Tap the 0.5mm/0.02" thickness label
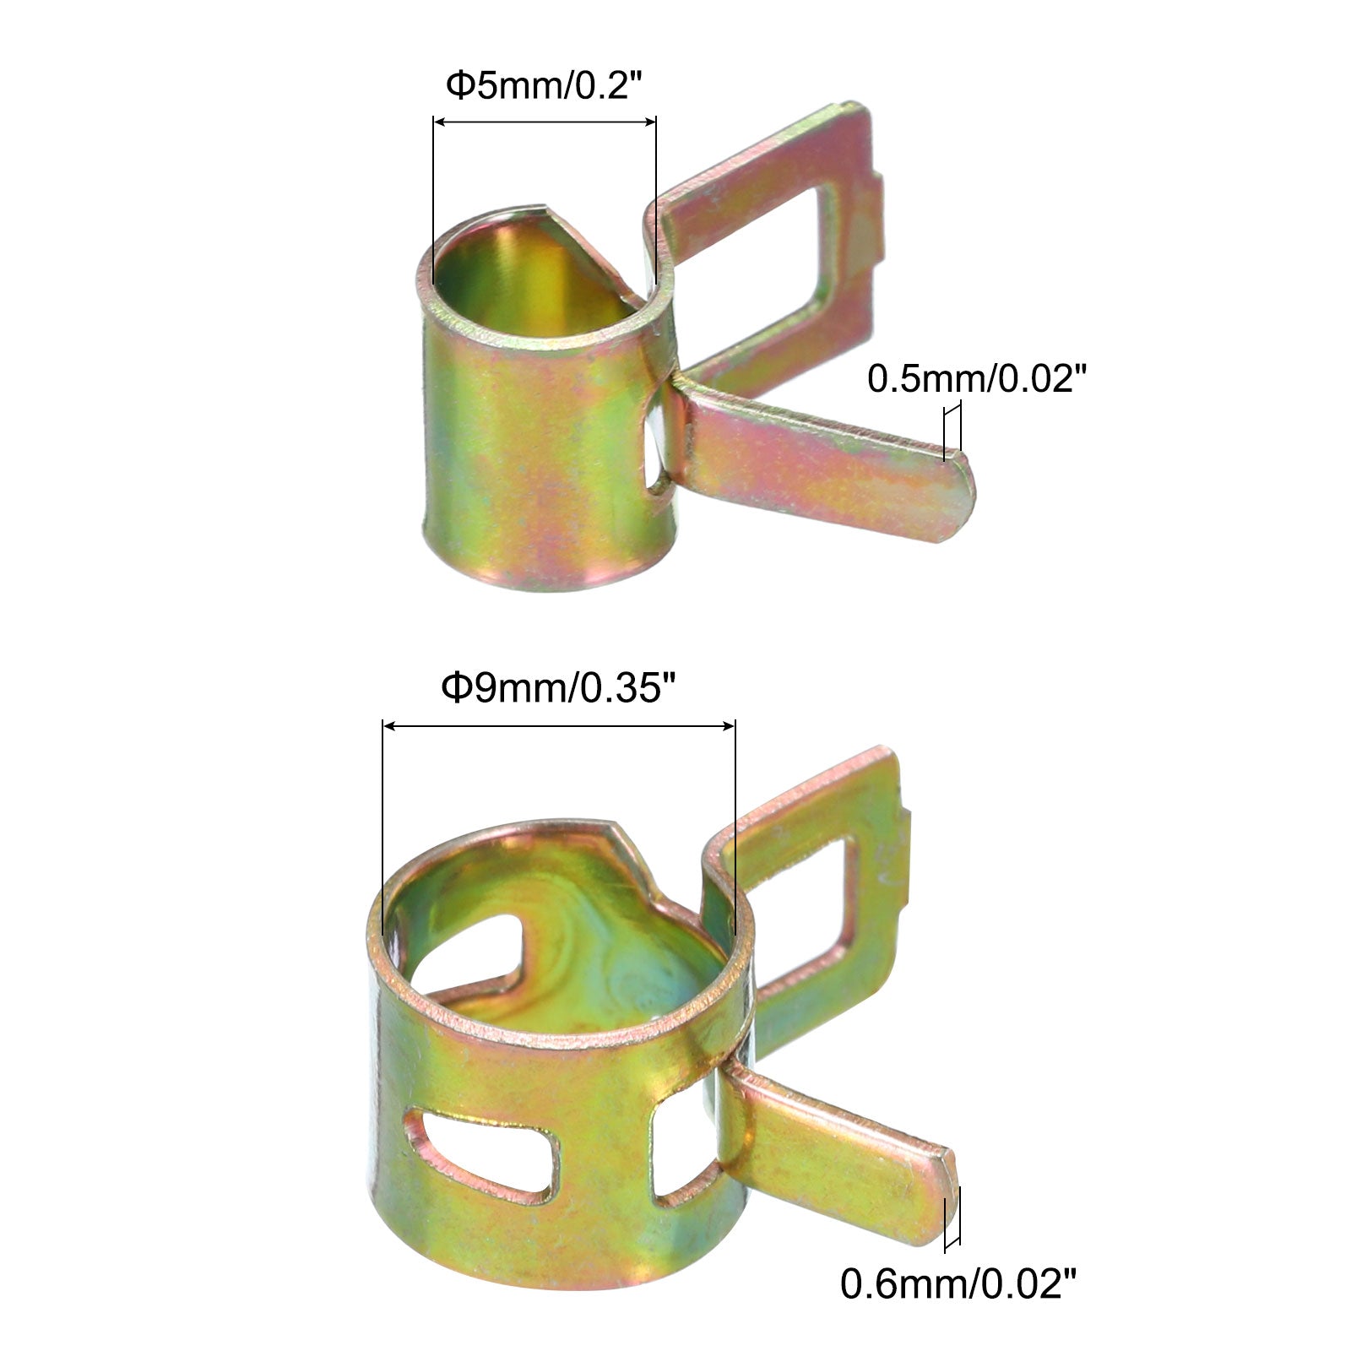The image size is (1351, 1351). tap(974, 379)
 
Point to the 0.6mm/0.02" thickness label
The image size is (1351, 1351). tap(958, 1284)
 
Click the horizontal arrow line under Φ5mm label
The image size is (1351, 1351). tap(545, 122)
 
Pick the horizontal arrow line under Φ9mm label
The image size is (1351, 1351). tap(558, 725)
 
